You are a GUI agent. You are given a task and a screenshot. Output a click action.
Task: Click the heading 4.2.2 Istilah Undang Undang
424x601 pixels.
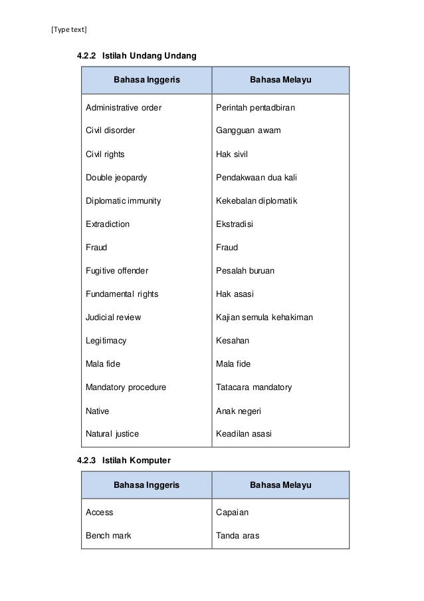pyautogui.click(x=136, y=55)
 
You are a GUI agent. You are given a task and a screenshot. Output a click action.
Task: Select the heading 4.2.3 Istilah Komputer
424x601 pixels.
pyautogui.click(x=124, y=460)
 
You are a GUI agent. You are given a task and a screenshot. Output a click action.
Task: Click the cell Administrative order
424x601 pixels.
pyautogui.click(x=124, y=107)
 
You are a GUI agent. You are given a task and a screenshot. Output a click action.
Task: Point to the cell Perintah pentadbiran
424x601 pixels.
pyautogui.click(x=256, y=107)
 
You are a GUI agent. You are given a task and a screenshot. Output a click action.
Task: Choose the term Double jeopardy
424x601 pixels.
pyautogui.click(x=116, y=178)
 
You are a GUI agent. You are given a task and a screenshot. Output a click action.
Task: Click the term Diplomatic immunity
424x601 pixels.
pyautogui.click(x=123, y=201)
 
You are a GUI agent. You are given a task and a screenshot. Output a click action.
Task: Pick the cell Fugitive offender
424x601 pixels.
pyautogui.click(x=117, y=271)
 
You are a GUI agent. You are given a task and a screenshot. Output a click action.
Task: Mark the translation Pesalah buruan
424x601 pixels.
pyautogui.click(x=245, y=271)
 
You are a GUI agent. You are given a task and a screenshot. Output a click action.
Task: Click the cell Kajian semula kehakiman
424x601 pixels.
pyautogui.click(x=265, y=317)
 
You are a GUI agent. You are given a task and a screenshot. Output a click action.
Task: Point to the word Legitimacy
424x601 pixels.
pyautogui.click(x=106, y=341)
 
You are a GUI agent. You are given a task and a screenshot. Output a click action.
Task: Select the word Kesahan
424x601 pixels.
pyautogui.click(x=233, y=341)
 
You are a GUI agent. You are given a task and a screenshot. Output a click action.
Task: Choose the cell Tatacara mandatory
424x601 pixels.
pyautogui.click(x=254, y=387)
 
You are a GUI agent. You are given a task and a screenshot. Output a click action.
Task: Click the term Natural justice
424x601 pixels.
pyautogui.click(x=112, y=434)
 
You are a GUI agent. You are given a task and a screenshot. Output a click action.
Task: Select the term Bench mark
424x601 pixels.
pyautogui.click(x=108, y=536)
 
